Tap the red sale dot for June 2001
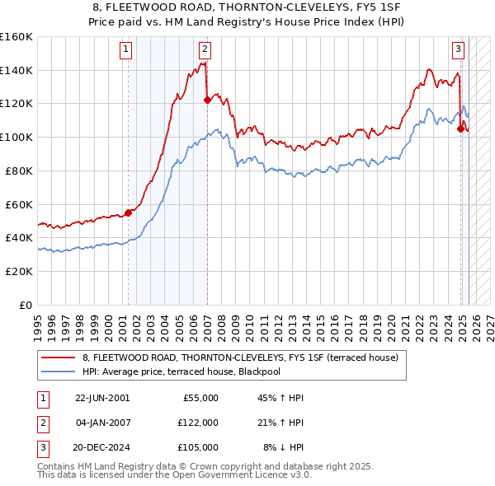[128, 212]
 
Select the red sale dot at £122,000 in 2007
[206, 100]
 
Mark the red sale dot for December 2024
[460, 129]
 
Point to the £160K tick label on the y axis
[16, 37]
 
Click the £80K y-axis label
[18, 171]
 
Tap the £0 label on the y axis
[25, 305]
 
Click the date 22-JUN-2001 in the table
[102, 398]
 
